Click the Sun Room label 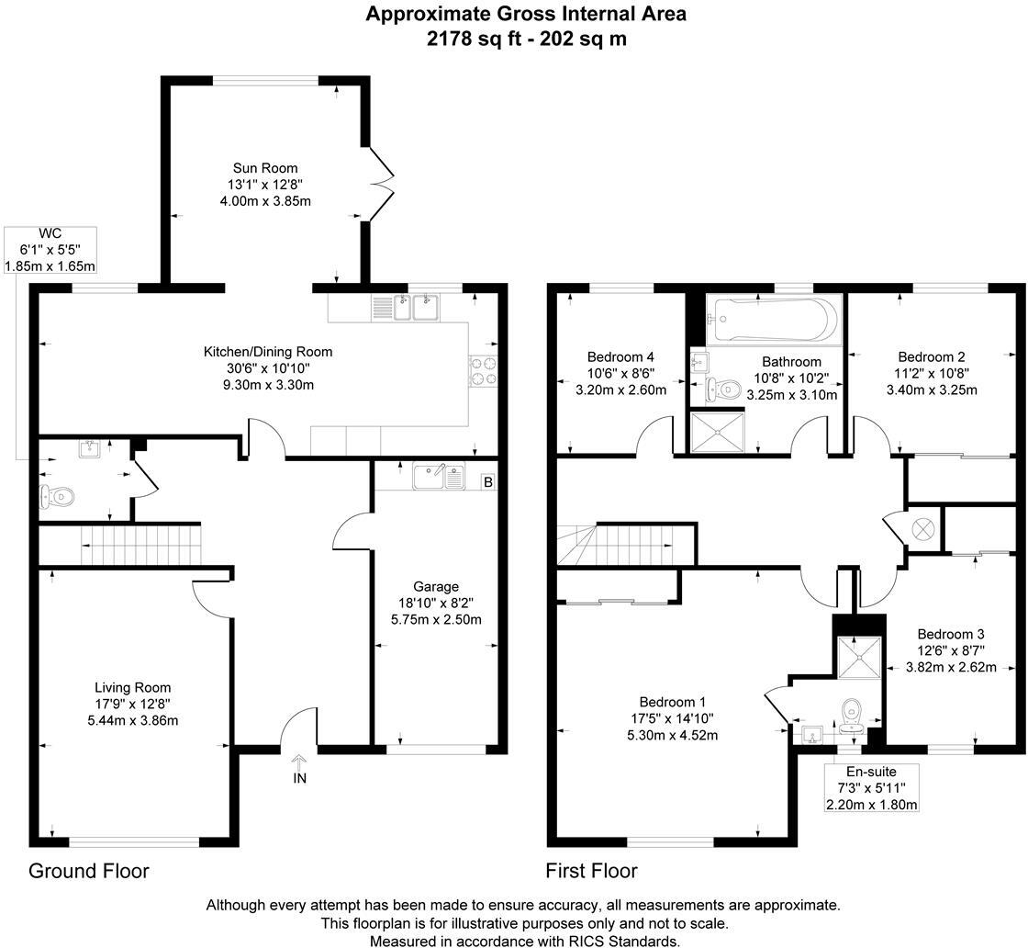(265, 168)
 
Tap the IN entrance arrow (300, 769)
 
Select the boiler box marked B (487, 481)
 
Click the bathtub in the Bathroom (773, 319)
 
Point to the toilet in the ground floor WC (57, 497)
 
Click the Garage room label (435, 587)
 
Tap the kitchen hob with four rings (483, 369)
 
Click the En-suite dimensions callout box (872, 788)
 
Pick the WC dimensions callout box (51, 249)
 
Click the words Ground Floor (88, 871)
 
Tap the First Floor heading (591, 871)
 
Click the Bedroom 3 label (951, 635)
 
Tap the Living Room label (133, 687)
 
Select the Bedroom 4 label (620, 357)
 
